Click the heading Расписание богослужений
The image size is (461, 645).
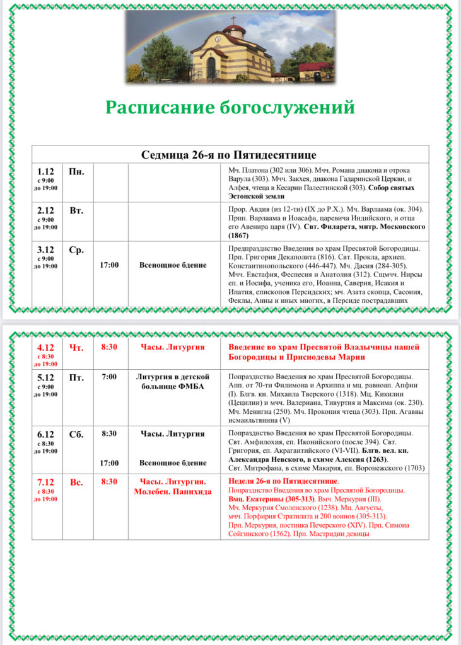pyautogui.click(x=230, y=108)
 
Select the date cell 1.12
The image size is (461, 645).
pyautogui.click(x=46, y=171)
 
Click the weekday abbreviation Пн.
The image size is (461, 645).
pyautogui.click(x=76, y=171)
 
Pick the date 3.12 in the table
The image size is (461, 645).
pyautogui.click(x=46, y=250)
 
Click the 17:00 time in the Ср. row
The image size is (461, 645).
pyautogui.click(x=109, y=265)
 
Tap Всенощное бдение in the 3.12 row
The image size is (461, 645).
pyautogui.click(x=173, y=265)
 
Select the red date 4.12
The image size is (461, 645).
pyautogui.click(x=46, y=348)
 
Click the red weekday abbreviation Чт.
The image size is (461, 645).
pyautogui.click(x=76, y=348)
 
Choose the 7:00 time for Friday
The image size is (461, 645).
pyautogui.click(x=109, y=377)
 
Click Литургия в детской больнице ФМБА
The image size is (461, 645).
pyautogui.click(x=173, y=382)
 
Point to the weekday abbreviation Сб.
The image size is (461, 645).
pyautogui.click(x=76, y=434)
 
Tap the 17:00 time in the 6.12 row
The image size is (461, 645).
pyautogui.click(x=109, y=463)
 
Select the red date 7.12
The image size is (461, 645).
pyautogui.click(x=46, y=482)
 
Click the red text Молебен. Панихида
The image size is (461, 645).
pyautogui.click(x=173, y=491)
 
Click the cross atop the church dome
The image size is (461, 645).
pyautogui.click(x=233, y=20)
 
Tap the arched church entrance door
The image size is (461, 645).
pyautogui.click(x=211, y=67)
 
